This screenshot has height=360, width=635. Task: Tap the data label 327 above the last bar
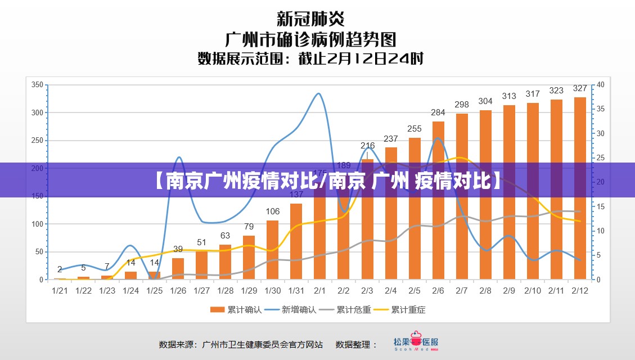click(580, 88)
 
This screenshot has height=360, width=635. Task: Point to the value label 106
click(273, 211)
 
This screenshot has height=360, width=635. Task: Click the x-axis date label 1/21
click(60, 291)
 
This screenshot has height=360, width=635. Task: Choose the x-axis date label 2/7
click(462, 291)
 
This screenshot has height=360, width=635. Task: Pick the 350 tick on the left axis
click(37, 85)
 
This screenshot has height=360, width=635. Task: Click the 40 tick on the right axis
click(600, 85)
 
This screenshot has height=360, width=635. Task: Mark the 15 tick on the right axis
click(600, 207)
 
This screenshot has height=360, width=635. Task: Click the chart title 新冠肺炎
click(310, 19)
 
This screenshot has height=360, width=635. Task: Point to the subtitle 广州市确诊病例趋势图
click(310, 39)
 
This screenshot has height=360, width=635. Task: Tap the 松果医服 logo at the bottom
click(416, 343)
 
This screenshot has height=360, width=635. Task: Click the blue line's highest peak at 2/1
click(319, 94)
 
